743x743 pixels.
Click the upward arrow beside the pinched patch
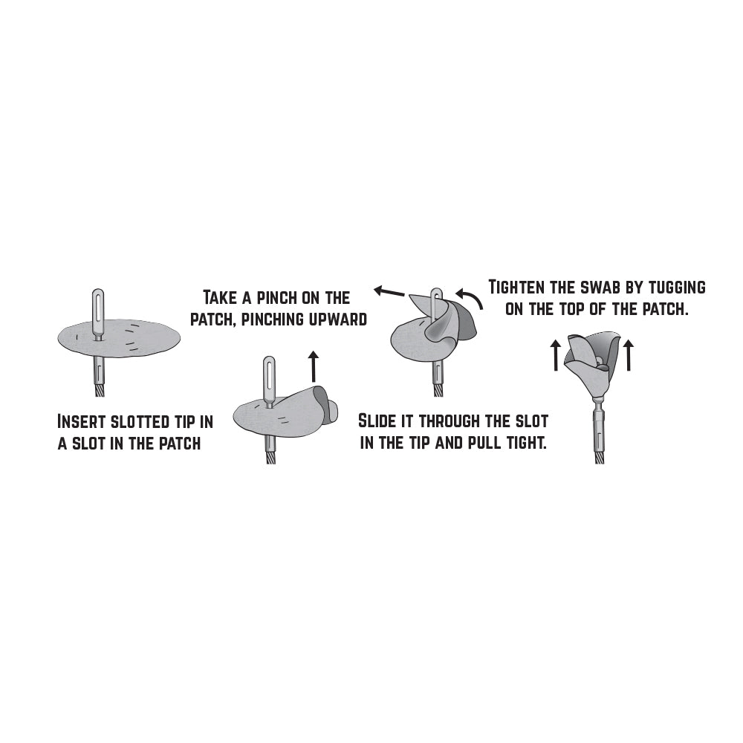313,366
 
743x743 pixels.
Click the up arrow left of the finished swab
555,354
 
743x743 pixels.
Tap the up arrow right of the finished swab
629,354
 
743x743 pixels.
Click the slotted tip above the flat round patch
97,312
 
